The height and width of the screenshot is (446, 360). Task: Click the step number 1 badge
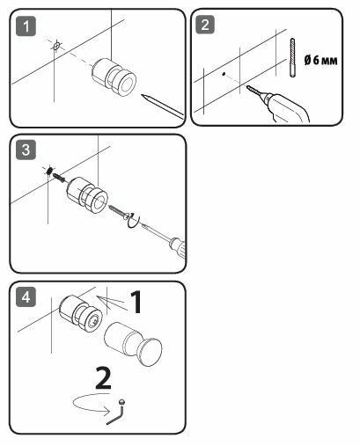[x=26, y=26]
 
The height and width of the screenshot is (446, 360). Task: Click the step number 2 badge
[x=205, y=25]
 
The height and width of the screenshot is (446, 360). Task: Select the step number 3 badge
[x=26, y=150]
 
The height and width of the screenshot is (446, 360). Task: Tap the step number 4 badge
[x=26, y=297]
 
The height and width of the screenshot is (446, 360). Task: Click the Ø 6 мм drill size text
[x=321, y=61]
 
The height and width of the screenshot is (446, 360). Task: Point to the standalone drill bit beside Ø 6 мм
[x=292, y=57]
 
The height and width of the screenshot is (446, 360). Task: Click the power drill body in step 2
[x=286, y=108]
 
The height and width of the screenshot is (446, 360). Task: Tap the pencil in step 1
[x=163, y=106]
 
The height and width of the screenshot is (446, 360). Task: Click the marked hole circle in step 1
[x=56, y=46]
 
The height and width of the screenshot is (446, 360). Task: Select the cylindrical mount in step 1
[x=114, y=77]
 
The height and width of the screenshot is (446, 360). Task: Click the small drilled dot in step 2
[x=224, y=74]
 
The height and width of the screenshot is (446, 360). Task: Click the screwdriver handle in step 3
[x=179, y=247]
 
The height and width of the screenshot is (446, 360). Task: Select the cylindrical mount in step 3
[x=87, y=195]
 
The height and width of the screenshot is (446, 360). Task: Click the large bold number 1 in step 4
[x=136, y=302]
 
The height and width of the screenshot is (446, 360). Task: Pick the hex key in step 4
[x=117, y=412]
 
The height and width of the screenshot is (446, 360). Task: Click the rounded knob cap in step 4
[x=150, y=352]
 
